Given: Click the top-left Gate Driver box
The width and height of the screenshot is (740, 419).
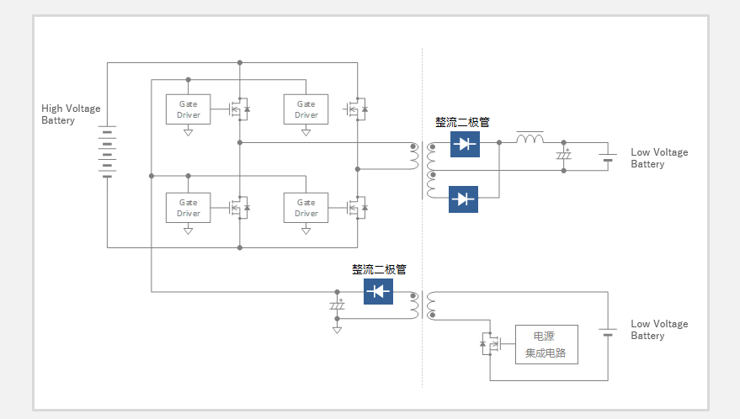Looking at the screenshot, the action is (189, 109).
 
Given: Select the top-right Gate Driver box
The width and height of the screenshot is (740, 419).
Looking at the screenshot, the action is (306, 109).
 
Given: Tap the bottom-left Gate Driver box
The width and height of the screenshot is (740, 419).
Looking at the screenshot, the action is (189, 208).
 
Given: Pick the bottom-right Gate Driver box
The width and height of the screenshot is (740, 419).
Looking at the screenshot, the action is (306, 208).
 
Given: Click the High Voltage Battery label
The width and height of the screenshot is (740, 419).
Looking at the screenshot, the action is (71, 114).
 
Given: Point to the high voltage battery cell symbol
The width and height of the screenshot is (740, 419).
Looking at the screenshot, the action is (107, 151).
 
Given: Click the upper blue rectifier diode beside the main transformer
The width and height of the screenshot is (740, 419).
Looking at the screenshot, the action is (465, 144).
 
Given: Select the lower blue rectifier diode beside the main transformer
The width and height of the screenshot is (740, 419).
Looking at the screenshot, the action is (463, 199).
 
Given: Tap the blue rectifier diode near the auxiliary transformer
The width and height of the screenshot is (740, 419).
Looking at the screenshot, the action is (378, 291).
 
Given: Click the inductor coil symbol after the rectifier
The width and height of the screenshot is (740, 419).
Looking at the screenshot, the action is (530, 138).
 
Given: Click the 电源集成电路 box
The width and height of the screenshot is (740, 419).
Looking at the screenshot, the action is (546, 344).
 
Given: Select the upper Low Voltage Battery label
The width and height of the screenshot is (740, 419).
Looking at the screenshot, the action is (659, 158).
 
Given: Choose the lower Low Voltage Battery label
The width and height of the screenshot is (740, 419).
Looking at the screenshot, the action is (659, 330).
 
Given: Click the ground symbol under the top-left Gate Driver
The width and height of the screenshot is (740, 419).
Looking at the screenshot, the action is (189, 133).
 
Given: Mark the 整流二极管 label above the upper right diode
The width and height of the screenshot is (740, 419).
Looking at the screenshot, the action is (462, 123).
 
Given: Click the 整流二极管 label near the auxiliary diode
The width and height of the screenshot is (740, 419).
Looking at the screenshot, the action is (379, 269).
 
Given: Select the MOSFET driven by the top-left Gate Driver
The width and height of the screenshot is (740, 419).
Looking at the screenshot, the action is (239, 109).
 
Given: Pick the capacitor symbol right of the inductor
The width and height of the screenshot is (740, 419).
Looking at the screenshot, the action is (563, 155).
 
